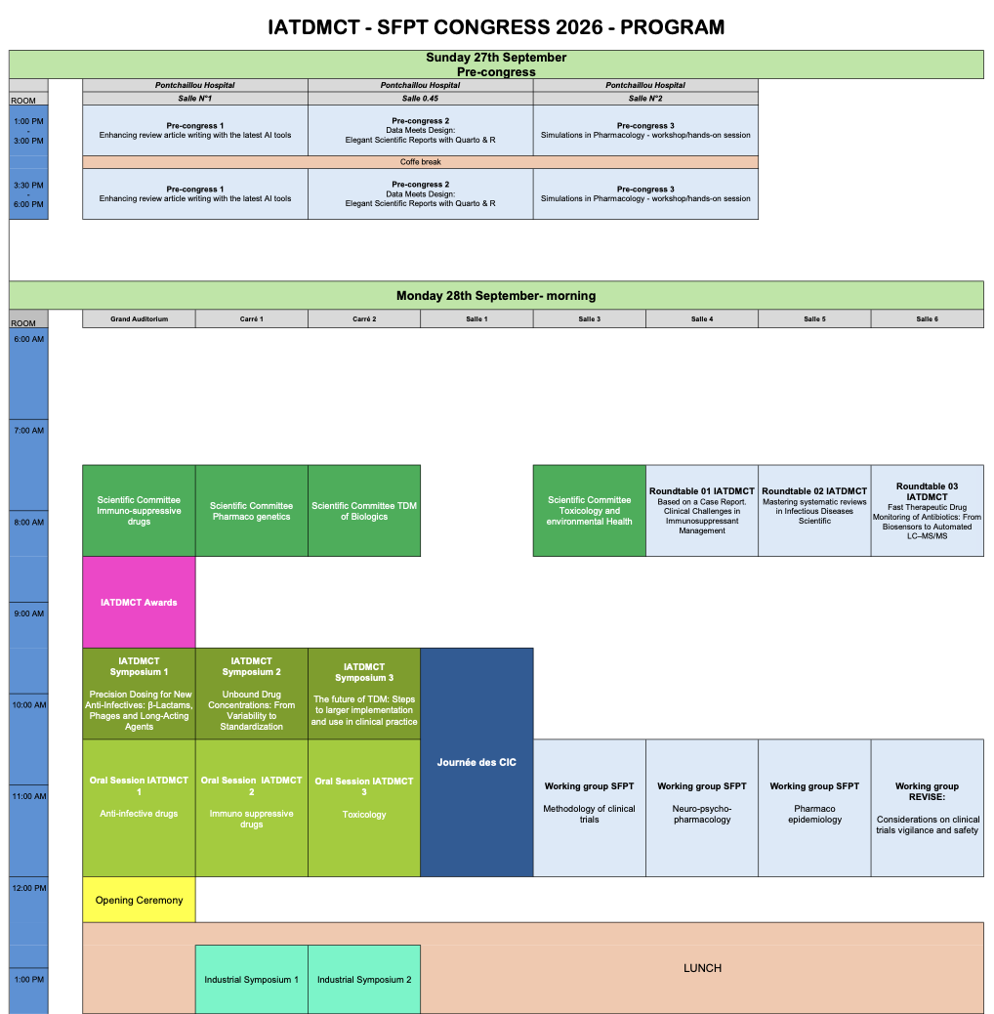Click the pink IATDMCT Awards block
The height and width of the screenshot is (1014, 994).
click(x=139, y=602)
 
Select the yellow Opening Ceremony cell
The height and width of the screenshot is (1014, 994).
click(x=139, y=900)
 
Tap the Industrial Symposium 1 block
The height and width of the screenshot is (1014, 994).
click(x=251, y=979)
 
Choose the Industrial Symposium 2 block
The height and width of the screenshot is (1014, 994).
click(x=364, y=979)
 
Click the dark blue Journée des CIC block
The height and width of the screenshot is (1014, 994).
click(x=476, y=762)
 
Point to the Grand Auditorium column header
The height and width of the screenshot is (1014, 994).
click(x=139, y=318)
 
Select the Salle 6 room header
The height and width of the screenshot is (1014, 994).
click(x=927, y=318)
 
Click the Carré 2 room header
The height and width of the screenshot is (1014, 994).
click(x=364, y=318)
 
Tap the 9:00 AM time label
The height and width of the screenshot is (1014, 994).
click(x=29, y=613)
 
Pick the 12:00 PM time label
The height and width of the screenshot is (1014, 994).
click(x=29, y=888)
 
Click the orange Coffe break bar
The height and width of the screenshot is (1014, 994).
click(x=420, y=162)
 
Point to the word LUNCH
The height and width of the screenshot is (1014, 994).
click(x=702, y=968)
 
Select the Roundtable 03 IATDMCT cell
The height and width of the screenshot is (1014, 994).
click(x=927, y=511)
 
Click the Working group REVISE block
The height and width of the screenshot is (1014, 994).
click(x=927, y=808)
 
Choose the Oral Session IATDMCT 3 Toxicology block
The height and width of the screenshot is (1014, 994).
click(x=364, y=808)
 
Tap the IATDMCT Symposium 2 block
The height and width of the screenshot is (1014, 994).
click(x=251, y=694)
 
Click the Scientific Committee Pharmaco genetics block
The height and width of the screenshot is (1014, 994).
click(x=251, y=511)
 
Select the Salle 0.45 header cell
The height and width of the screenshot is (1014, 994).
click(x=420, y=99)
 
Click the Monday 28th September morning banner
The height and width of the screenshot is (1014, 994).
click(x=496, y=296)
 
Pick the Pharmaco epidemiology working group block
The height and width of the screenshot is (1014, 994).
click(x=814, y=808)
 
